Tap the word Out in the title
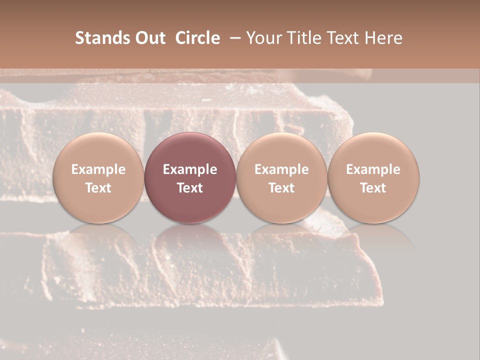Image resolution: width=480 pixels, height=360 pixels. coord(149,38)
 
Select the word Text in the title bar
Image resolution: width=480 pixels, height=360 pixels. coord(342,38)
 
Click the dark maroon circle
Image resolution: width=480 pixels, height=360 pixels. coord(190,177)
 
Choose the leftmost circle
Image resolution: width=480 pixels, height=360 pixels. coord(98,177)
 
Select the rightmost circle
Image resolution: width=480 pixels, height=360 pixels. coord(373,177)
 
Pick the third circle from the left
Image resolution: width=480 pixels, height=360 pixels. coord(281,177)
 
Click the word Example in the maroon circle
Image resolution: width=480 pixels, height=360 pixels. coord(190,169)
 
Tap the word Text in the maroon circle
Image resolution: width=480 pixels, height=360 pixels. coord(190,188)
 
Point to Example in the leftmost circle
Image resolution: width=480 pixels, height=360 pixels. coord(98,169)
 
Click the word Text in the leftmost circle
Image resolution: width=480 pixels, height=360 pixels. coord(98,188)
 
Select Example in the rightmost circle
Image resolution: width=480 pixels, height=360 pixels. coord(373,169)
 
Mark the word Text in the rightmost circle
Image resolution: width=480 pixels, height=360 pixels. coord(373,188)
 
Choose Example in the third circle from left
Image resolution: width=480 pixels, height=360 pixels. coord(281,169)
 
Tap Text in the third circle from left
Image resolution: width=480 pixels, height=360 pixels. coord(281,188)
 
